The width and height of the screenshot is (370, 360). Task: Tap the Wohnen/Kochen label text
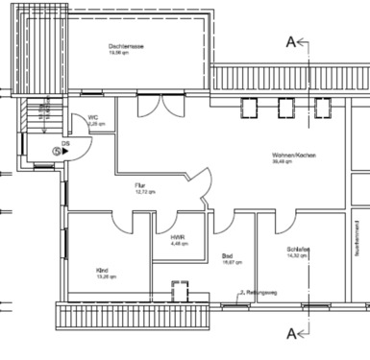tap(294, 156)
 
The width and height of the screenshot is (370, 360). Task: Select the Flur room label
tap(141, 184)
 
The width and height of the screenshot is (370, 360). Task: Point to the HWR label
tap(178, 237)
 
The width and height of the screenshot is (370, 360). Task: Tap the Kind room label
tap(102, 270)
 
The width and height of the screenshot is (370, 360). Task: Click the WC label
tap(94, 118)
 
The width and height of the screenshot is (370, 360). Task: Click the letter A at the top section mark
tap(289, 40)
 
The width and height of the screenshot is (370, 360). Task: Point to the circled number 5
tap(56, 151)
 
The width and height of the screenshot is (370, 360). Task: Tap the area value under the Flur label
tap(141, 192)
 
